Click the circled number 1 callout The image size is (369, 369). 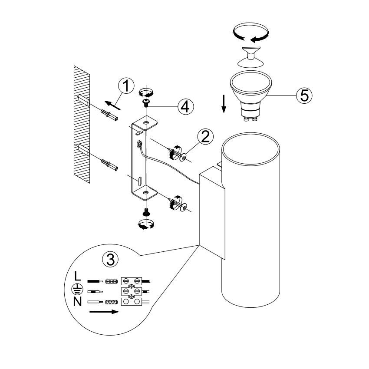point(126,86)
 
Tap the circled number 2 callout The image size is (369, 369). point(205,136)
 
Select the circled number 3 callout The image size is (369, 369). point(110,259)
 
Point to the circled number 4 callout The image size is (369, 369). point(186,107)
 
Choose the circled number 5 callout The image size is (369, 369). point(304,96)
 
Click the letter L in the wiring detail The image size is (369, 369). point(77,276)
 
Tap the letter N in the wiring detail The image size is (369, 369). point(77,301)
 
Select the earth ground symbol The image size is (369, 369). point(77,289)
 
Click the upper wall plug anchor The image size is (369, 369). point(109,115)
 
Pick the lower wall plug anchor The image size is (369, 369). point(109,165)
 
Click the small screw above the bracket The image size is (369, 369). point(146,102)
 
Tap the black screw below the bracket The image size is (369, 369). point(146,212)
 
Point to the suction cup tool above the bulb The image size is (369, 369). point(250,57)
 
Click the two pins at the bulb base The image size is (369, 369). point(250,119)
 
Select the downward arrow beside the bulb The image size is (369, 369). point(224,104)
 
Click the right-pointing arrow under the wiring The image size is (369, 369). point(104,312)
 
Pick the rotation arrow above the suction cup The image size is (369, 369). point(250,33)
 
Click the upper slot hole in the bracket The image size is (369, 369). point(139,133)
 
